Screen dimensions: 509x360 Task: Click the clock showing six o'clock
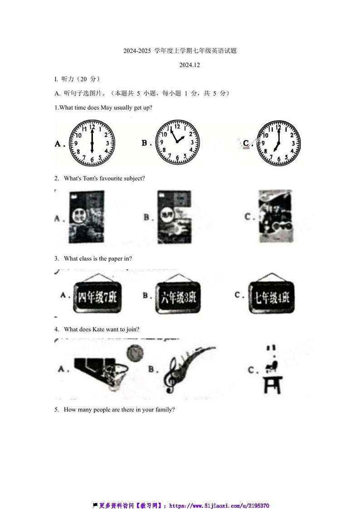pyautogui.click(x=92, y=143)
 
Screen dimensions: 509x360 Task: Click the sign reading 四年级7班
pyautogui.click(x=97, y=297)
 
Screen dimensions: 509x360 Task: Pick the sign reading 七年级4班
pyautogui.click(x=272, y=297)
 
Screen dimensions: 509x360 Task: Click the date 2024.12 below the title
pyautogui.click(x=190, y=65)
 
